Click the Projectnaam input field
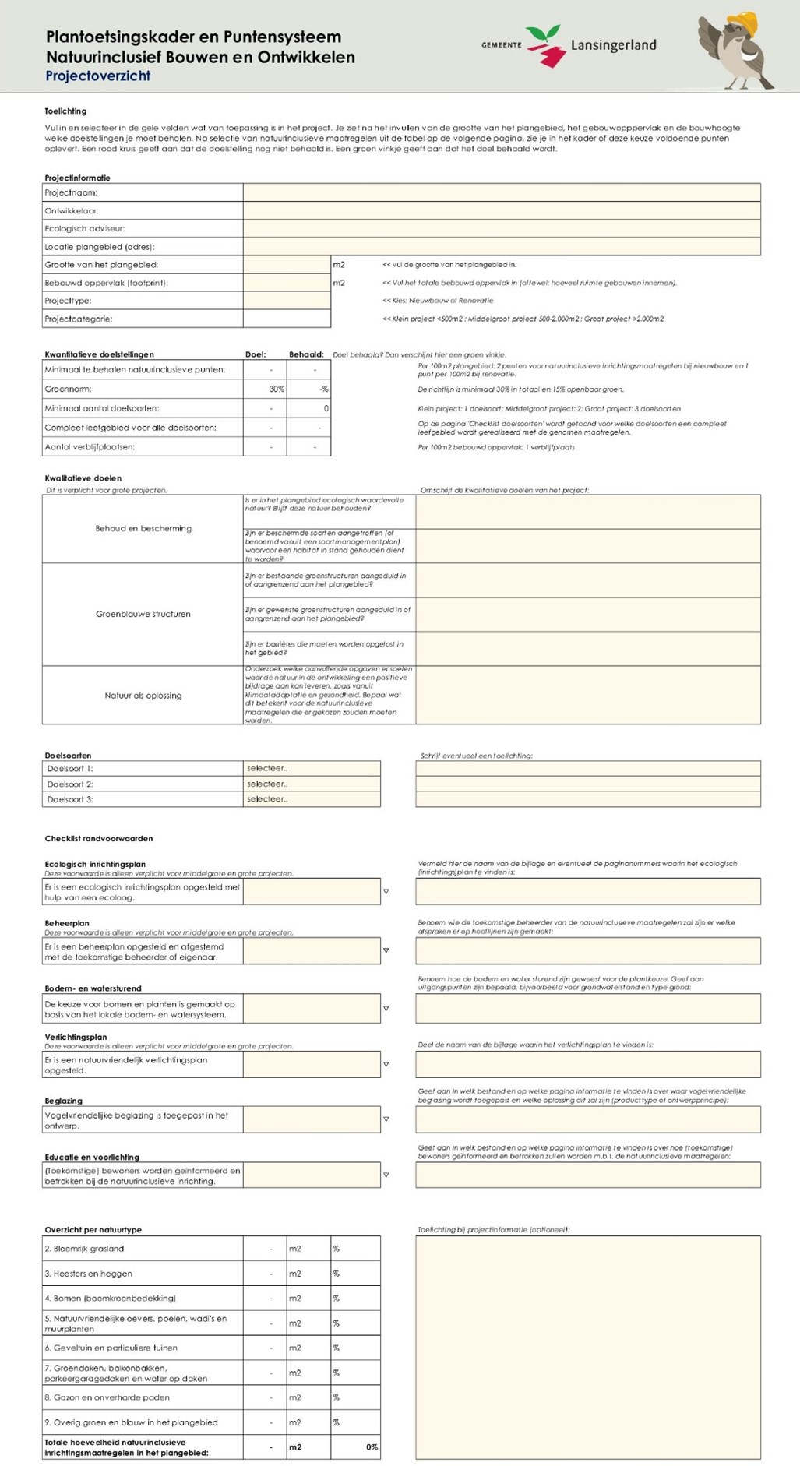point(502,192)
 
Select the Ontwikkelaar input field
point(502,210)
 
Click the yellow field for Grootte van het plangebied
point(287,265)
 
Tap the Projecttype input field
point(287,301)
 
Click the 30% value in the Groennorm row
point(276,389)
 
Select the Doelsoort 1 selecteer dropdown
point(312,769)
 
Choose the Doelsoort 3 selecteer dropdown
point(312,799)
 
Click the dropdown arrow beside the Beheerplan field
point(386,950)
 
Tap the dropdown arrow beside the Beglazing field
point(386,1119)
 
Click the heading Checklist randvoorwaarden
point(99,839)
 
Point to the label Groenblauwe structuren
point(143,614)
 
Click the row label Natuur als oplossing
point(143,696)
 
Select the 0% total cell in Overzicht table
point(372,1447)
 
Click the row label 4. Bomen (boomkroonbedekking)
point(110,1299)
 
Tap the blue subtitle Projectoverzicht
point(97,76)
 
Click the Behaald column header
point(306,354)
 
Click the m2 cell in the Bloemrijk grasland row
point(295,1249)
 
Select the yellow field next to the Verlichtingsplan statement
point(312,1064)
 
